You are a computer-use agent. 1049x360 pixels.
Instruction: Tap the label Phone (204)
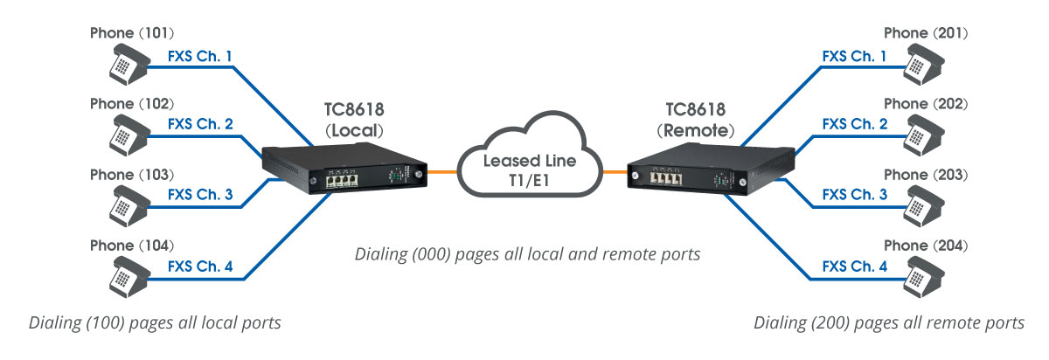[925, 245]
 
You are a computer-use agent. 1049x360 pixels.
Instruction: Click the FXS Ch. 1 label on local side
[200, 57]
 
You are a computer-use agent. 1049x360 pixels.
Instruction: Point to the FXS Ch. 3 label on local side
[200, 194]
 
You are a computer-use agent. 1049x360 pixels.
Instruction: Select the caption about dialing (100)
[155, 322]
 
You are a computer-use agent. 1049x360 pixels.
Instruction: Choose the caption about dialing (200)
[889, 322]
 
